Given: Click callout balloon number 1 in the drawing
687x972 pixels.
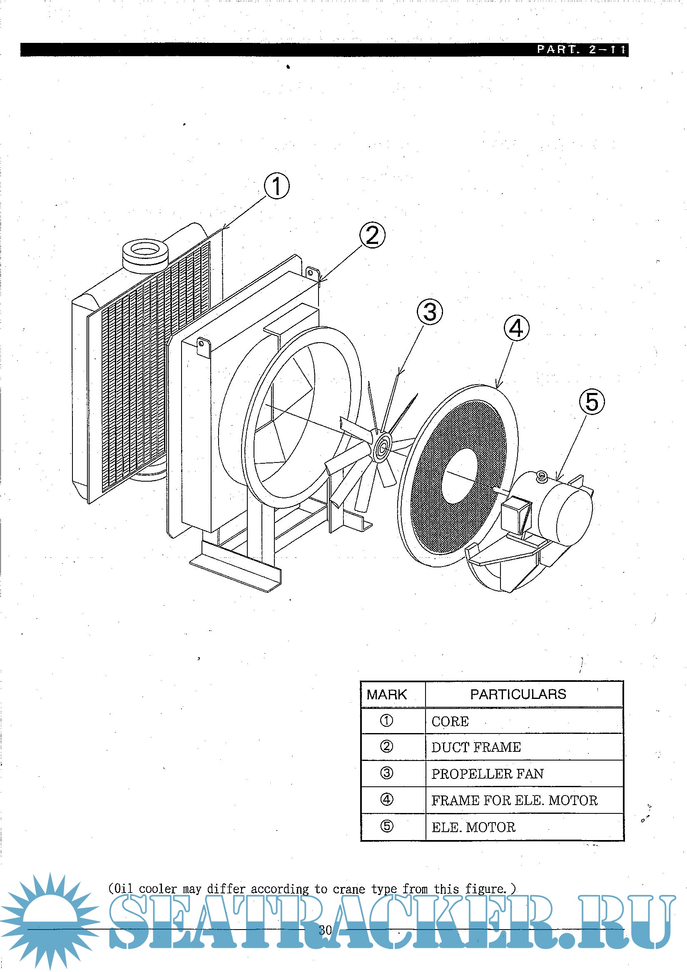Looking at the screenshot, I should [276, 186].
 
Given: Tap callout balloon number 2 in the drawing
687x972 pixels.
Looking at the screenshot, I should [372, 235].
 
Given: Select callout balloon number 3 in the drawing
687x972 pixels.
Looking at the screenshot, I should [430, 312].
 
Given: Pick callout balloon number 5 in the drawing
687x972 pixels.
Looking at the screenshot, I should [592, 402].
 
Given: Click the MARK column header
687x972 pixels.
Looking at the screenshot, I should [386, 695].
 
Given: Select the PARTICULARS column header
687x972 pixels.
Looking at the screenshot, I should [518, 694].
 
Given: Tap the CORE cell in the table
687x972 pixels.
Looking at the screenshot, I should [450, 722].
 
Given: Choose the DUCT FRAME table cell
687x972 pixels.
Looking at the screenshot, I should [476, 748].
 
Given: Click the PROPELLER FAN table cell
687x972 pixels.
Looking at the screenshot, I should [488, 774].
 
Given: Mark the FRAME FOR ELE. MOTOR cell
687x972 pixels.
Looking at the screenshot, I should [514, 800].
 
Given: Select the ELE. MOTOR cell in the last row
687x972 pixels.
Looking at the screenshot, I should [473, 827].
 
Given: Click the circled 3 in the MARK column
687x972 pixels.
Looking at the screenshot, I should [386, 773].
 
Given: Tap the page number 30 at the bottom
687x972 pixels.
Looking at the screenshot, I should [325, 930].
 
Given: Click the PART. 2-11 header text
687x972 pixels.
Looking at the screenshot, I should [581, 50].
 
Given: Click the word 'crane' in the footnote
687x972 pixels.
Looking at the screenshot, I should [348, 889].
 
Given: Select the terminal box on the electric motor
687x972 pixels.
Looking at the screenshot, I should [516, 514].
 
